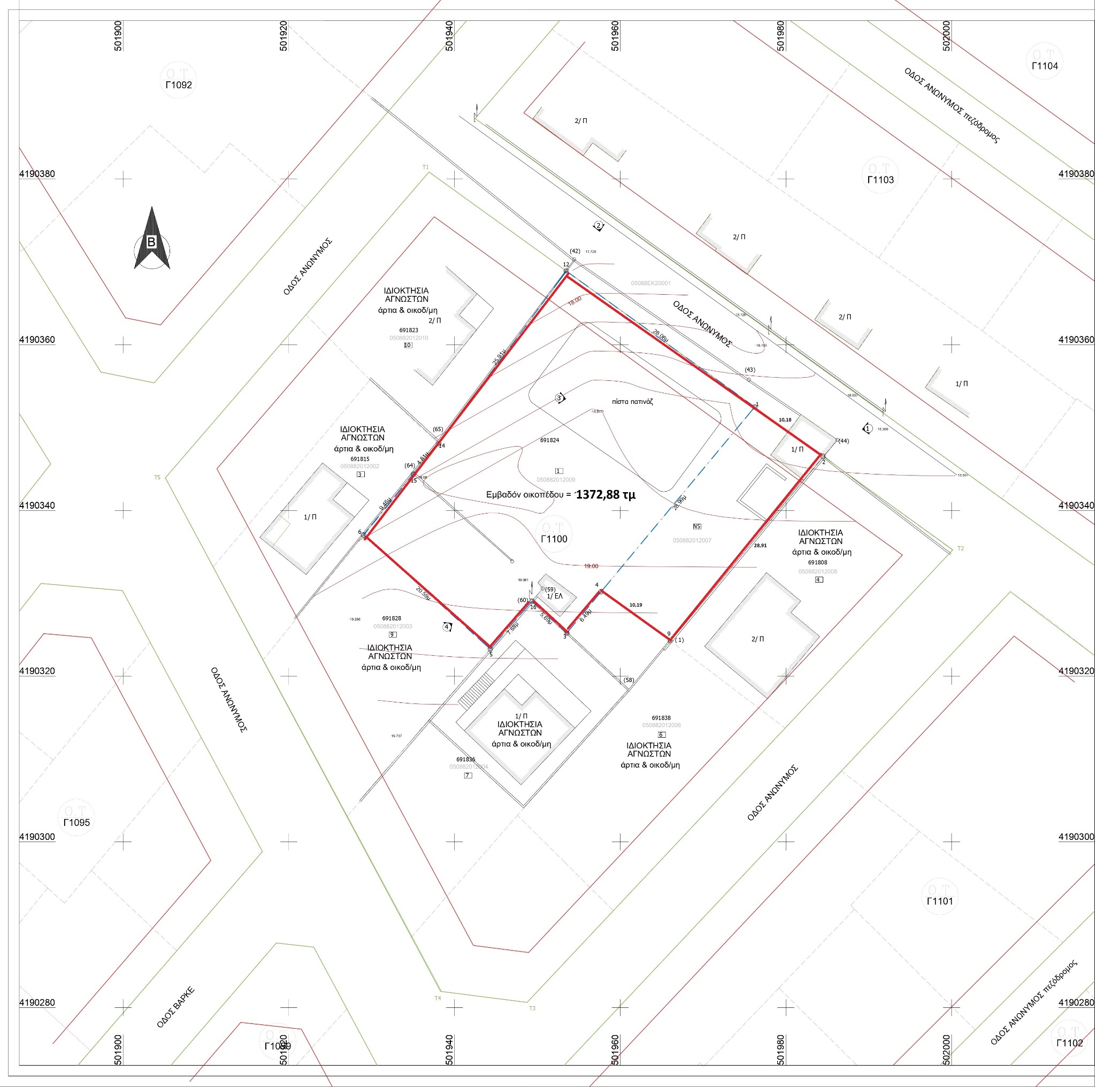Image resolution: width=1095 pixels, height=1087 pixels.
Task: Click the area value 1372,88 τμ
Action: click(x=606, y=494)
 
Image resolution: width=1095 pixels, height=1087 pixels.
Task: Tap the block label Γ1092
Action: click(x=179, y=85)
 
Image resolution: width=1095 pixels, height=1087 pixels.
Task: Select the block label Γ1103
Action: click(x=880, y=180)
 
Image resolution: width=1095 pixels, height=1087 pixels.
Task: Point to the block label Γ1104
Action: click(x=1045, y=66)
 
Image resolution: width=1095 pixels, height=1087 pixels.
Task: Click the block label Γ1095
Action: click(x=76, y=822)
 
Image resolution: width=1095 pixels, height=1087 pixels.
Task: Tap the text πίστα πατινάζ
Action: click(x=632, y=401)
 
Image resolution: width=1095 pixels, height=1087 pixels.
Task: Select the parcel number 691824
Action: click(x=549, y=440)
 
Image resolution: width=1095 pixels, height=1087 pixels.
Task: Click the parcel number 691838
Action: click(x=661, y=717)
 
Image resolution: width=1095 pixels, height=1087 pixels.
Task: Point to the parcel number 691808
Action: click(x=817, y=563)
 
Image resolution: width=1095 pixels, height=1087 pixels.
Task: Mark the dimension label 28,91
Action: click(x=760, y=545)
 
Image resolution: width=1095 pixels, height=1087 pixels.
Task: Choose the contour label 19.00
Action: click(x=591, y=565)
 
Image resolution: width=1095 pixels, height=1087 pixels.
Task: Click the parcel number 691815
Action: click(x=359, y=459)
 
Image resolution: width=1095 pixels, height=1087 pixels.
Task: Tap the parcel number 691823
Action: click(x=409, y=330)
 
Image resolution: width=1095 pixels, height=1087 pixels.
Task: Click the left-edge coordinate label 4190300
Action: click(x=37, y=837)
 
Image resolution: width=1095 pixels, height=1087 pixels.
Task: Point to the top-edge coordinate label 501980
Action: click(x=780, y=36)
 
